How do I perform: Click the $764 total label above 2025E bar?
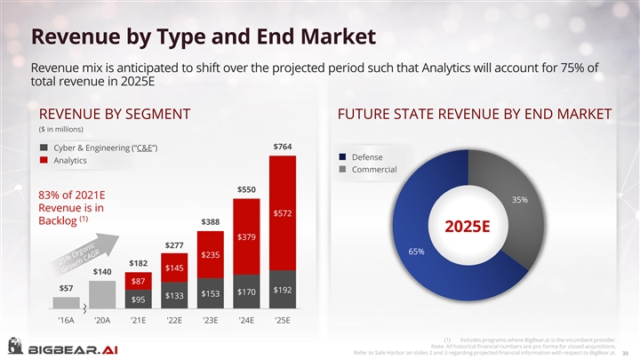pyautogui.click(x=282, y=146)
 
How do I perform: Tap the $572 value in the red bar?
pyautogui.click(x=283, y=213)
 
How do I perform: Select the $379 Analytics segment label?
pyautogui.click(x=246, y=236)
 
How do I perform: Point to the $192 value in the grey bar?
pyautogui.click(x=283, y=290)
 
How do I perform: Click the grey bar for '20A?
pyautogui.click(x=101, y=293)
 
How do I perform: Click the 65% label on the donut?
pyautogui.click(x=414, y=252)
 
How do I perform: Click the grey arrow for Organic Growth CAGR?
pyautogui.click(x=94, y=252)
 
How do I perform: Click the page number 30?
pyautogui.click(x=626, y=352)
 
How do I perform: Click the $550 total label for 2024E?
pyautogui.click(x=246, y=189)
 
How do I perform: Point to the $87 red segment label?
pyautogui.click(x=138, y=282)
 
